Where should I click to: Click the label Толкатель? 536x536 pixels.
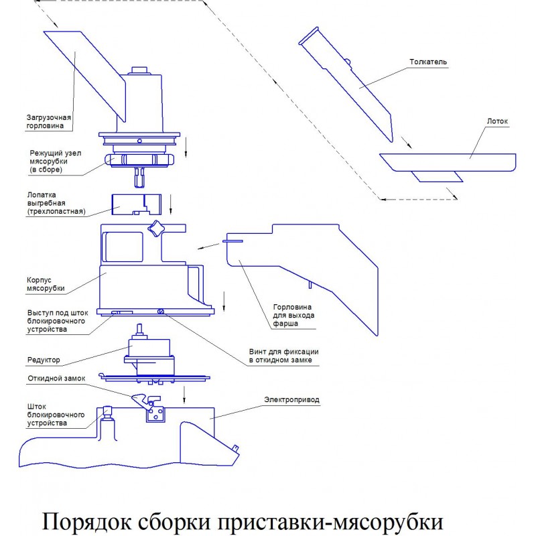427,62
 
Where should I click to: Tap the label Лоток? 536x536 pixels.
496,123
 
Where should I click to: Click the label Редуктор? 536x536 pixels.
44,360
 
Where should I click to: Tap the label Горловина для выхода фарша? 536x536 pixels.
293,315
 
